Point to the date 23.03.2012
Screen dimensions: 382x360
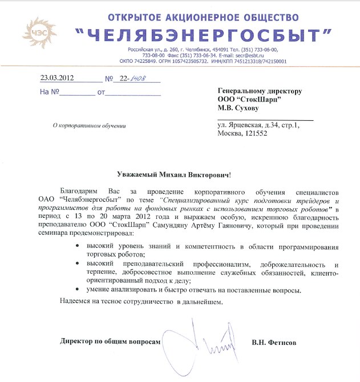click(x=58, y=79)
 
